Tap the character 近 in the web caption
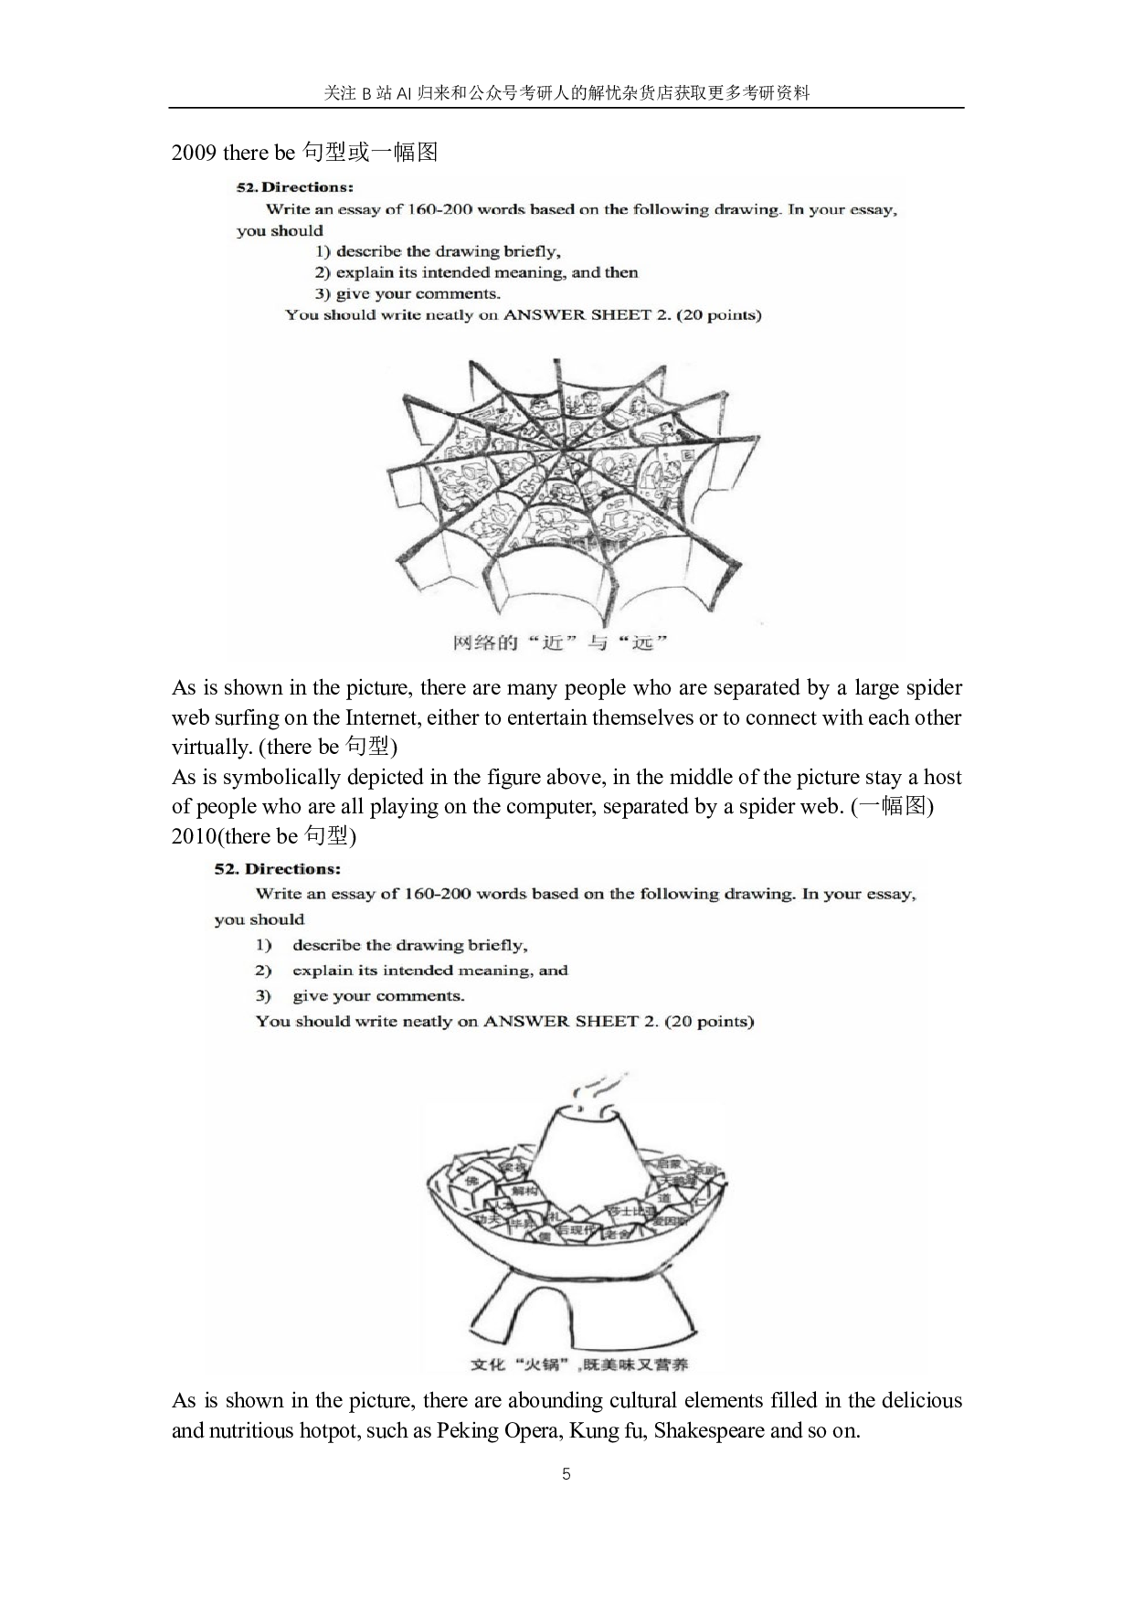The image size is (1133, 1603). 554,642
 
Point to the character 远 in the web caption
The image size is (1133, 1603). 643,642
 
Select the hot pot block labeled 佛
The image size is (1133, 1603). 471,1181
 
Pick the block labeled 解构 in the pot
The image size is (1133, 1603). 524,1191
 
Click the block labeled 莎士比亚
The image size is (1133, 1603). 631,1211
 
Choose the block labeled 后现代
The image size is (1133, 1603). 575,1231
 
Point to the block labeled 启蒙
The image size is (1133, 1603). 669,1164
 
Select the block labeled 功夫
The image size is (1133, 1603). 487,1219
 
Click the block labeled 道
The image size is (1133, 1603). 664,1197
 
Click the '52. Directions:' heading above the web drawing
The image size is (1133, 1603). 294,187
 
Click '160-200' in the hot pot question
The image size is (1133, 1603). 437,894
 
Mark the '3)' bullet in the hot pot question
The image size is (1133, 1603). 263,996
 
